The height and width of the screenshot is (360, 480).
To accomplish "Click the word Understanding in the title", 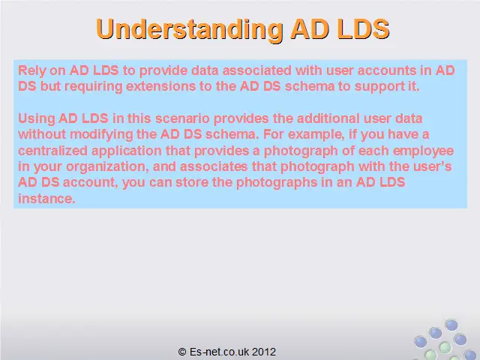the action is click(190, 29).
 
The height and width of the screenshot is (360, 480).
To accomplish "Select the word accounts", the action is click(387, 70).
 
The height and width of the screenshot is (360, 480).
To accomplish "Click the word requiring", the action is click(94, 87).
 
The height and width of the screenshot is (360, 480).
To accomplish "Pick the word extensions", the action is click(161, 86).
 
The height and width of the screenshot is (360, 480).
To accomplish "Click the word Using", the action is click(37, 118).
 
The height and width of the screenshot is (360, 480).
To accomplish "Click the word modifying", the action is click(102, 134).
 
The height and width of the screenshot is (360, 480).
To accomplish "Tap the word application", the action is click(127, 151).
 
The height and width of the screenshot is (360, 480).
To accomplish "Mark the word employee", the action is click(423, 151).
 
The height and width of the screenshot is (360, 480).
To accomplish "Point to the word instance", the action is click(46, 199).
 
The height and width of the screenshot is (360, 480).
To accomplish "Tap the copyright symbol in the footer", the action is click(182, 352).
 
